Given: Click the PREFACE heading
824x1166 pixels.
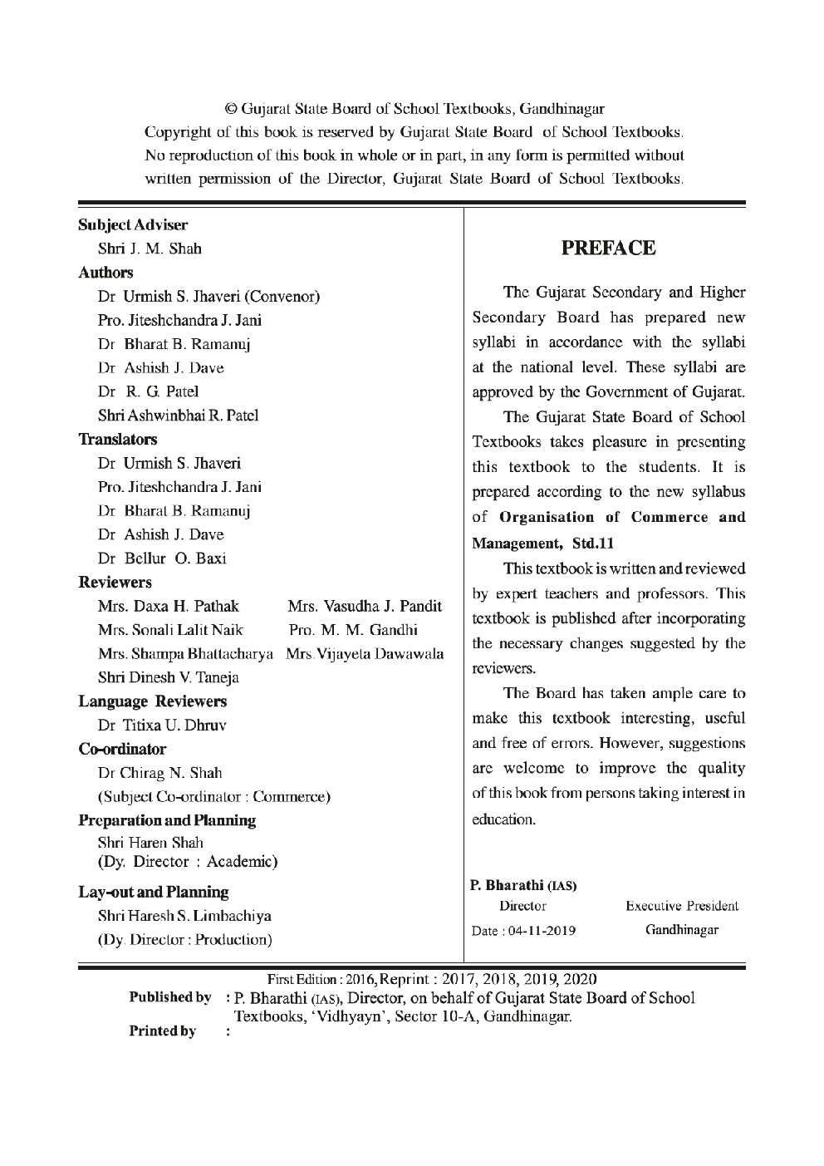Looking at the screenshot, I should (608, 248).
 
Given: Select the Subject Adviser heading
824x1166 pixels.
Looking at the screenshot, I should (133, 225).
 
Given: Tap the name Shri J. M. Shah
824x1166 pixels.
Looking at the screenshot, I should (150, 248).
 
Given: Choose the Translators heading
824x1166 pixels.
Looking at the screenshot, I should (118, 439).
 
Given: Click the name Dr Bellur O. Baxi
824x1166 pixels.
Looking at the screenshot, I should (162, 558).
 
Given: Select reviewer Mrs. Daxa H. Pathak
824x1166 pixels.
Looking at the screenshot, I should (169, 606).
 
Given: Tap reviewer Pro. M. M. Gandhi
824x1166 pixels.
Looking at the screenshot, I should (353, 629).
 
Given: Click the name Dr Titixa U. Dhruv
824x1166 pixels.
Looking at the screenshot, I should (162, 725).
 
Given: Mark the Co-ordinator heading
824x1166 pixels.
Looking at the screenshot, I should (122, 749).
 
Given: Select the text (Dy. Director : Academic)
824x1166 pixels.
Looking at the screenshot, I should (188, 861).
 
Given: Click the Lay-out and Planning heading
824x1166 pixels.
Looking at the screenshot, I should (154, 893).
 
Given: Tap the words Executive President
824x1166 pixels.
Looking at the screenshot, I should (681, 906).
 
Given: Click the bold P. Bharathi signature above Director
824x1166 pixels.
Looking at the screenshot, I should (524, 884).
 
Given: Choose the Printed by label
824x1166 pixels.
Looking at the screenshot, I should (163, 1031).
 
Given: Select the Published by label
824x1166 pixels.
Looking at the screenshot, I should (169, 997).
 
